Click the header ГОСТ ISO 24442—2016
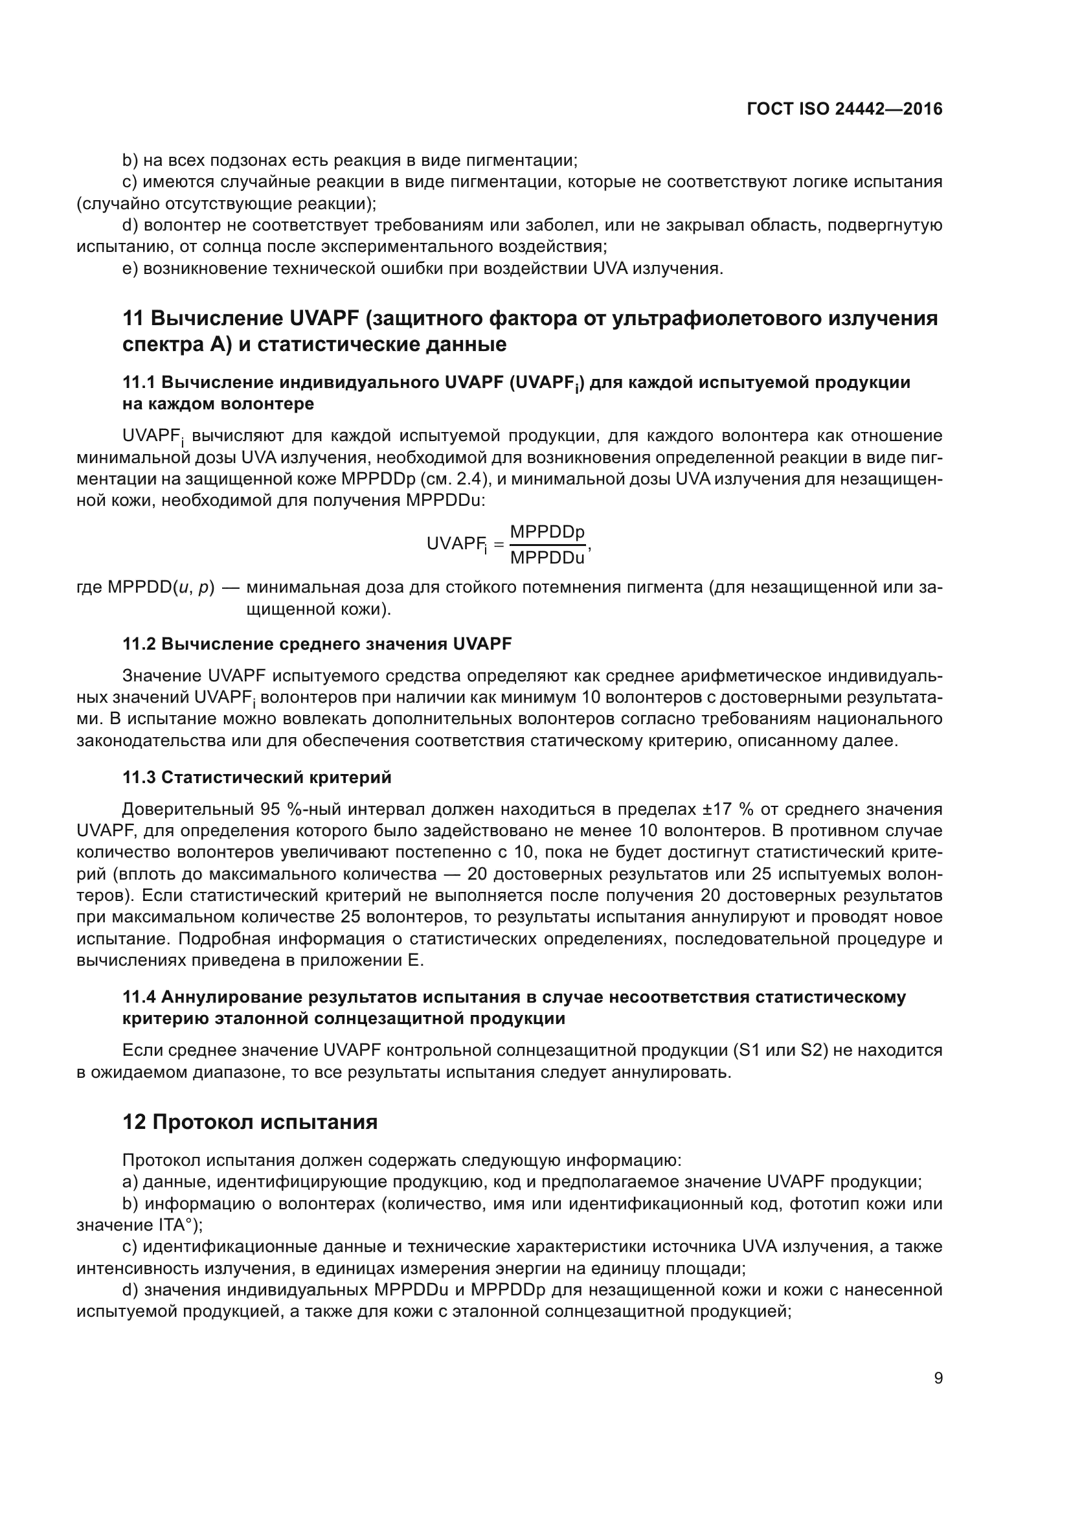click(x=844, y=109)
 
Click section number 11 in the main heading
click(x=133, y=318)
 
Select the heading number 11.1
click(x=139, y=383)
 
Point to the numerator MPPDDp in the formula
click(x=547, y=532)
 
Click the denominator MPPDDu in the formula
click(x=547, y=558)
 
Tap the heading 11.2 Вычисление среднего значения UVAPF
click(x=317, y=644)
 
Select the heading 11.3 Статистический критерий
click(x=256, y=777)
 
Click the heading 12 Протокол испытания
click(x=250, y=1122)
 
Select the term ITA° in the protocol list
click(x=177, y=1225)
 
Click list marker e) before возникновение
click(x=130, y=269)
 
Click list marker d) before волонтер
click(x=130, y=225)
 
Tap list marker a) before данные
click(x=130, y=1182)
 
